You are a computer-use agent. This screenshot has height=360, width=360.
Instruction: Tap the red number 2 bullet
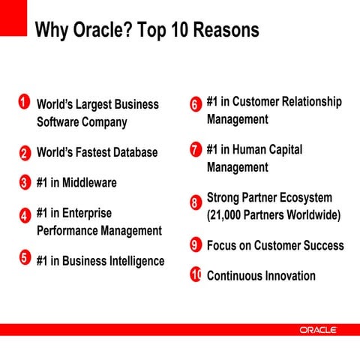coord(24,153)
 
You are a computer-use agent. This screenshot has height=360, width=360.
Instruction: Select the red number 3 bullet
coord(24,182)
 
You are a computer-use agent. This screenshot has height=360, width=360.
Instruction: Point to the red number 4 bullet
coord(24,215)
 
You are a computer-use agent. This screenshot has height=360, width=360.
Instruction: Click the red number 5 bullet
coord(24,259)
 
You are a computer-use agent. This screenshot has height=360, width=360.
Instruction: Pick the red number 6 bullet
coord(195,104)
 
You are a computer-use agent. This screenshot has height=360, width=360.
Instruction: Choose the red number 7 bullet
coord(195,149)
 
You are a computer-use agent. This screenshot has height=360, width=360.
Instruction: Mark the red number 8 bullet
coord(195,202)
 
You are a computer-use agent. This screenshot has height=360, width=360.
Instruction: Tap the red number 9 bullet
coord(195,245)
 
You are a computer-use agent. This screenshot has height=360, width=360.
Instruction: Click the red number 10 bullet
coord(196,274)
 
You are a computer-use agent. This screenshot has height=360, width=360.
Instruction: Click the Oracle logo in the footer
coord(318,330)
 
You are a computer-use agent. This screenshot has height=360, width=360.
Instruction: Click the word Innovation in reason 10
coord(289,275)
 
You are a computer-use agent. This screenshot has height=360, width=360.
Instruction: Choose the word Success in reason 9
coord(318,245)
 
